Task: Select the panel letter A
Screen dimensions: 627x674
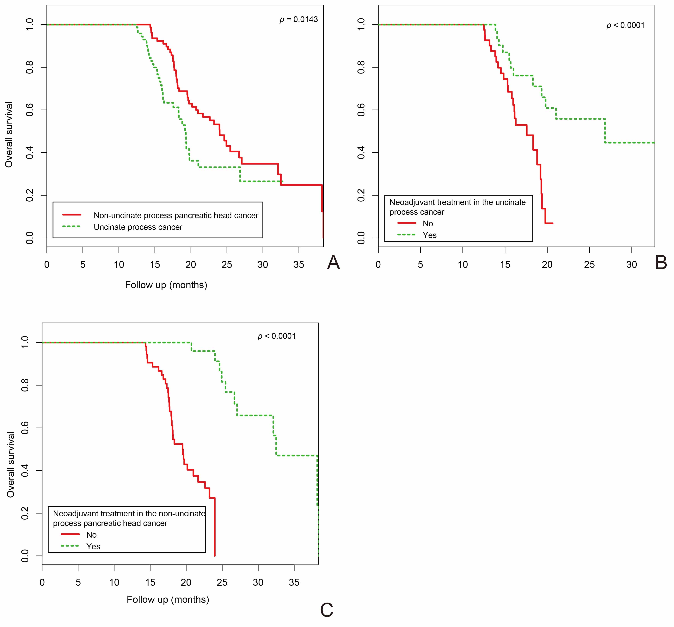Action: [x=333, y=263]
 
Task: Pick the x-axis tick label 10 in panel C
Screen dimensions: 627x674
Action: [x=114, y=583]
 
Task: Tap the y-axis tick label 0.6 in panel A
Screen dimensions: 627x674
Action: [x=30, y=110]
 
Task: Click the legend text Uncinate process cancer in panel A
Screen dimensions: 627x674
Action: [x=138, y=227]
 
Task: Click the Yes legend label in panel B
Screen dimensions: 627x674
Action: [x=430, y=235]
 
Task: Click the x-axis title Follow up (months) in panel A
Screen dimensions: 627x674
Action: [x=166, y=285]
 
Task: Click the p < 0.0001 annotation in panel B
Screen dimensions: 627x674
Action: [x=626, y=25]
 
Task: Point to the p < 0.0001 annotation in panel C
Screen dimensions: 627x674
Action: [x=277, y=336]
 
